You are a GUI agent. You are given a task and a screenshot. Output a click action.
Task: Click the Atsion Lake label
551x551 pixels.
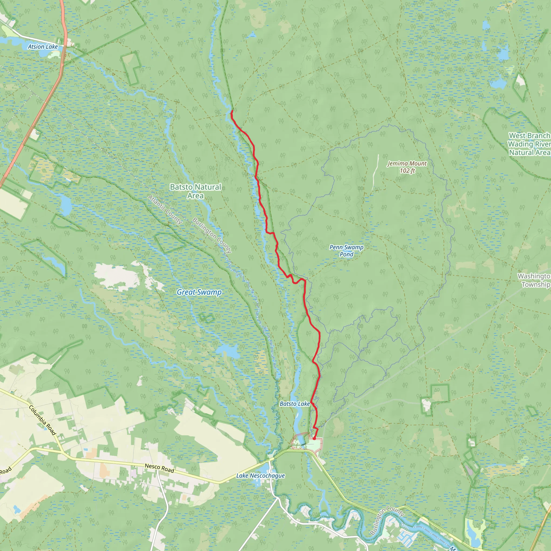pyautogui.click(x=43, y=47)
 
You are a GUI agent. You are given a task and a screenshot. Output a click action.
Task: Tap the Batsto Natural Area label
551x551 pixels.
pyautogui.click(x=196, y=191)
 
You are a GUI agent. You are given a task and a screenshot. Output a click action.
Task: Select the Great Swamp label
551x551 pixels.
pyautogui.click(x=199, y=292)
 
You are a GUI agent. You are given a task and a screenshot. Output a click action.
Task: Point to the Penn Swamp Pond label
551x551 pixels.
pyautogui.click(x=347, y=251)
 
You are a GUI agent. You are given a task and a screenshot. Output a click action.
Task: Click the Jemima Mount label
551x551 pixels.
pyautogui.click(x=407, y=163)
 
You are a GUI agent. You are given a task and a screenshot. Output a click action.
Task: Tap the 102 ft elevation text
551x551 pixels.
pyautogui.click(x=407, y=171)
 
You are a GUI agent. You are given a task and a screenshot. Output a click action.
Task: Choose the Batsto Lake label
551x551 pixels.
pyautogui.click(x=295, y=404)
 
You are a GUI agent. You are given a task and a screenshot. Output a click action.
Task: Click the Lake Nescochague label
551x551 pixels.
pyautogui.click(x=260, y=476)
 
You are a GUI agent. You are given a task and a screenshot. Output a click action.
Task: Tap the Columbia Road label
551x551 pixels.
pyautogui.click(x=43, y=421)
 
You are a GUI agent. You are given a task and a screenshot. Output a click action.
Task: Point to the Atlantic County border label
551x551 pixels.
pyautogui.click(x=165, y=210)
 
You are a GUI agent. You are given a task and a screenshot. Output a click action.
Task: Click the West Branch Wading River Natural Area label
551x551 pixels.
pyautogui.click(x=529, y=144)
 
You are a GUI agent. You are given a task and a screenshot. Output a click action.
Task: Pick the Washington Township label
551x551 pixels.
pyautogui.click(x=534, y=280)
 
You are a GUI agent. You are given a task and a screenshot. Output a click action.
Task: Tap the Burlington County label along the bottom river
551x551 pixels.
pyautogui.click(x=387, y=521)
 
